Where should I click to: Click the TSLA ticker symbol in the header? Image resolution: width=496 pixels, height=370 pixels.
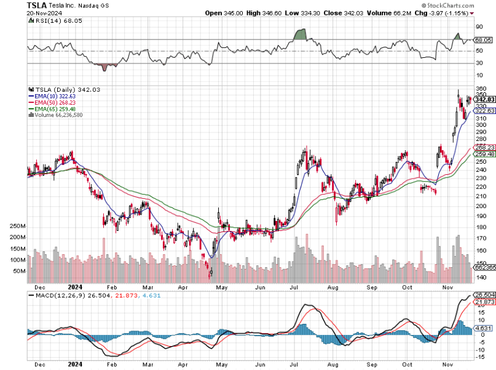pos(37,5)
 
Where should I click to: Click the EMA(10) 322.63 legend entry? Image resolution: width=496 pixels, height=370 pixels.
pos(52,96)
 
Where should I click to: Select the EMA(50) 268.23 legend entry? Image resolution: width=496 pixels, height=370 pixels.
pos(52,102)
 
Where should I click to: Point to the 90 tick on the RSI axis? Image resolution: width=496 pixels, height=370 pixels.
pos(479,27)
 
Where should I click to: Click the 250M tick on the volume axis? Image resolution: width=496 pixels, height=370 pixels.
pos(17,227)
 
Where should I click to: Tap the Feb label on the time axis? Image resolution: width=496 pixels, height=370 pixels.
pos(112,287)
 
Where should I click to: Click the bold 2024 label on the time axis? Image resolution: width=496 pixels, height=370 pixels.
pos(75,287)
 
